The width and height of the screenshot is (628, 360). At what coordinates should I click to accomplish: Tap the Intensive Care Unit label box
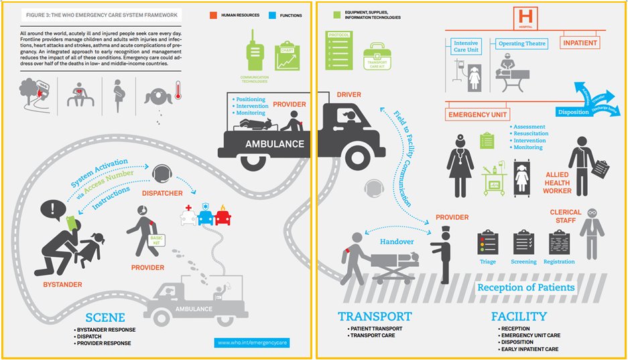point(466,46)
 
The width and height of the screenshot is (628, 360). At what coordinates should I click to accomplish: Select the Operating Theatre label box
point(522,44)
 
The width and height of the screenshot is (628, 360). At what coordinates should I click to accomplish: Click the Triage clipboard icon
point(487,243)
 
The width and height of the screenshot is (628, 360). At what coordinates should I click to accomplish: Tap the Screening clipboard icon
point(523,243)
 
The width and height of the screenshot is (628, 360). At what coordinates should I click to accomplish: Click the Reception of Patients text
point(525,288)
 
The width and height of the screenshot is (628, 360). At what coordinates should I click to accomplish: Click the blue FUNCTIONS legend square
point(270,14)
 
